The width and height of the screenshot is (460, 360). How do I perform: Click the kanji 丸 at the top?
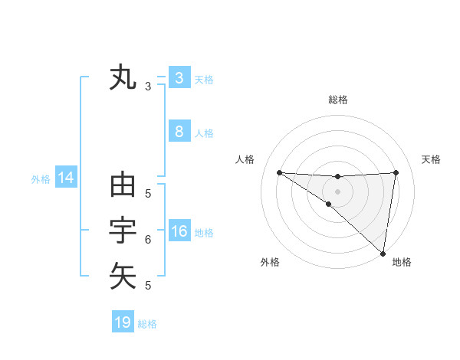[123, 78]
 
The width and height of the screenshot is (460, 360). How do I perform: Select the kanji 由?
[123, 185]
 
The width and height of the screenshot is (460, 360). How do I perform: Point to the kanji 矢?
[123, 276]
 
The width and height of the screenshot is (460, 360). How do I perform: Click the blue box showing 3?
[179, 77]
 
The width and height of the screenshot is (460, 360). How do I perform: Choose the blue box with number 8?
[179, 132]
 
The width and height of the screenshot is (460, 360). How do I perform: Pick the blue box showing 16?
[179, 231]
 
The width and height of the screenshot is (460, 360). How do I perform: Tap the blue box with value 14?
[66, 178]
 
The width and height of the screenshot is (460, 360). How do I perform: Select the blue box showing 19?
[123, 322]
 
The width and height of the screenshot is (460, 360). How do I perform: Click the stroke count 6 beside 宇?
[148, 240]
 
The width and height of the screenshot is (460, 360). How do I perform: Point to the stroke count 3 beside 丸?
[148, 87]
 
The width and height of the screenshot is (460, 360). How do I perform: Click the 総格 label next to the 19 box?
[148, 324]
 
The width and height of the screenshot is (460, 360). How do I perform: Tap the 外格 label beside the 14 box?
[41, 179]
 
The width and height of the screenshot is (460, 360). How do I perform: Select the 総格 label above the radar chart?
[337, 100]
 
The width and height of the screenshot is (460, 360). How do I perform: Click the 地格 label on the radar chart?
[402, 262]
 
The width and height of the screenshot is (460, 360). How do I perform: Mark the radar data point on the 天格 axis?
[396, 172]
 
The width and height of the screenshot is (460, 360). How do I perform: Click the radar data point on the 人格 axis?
[279, 172]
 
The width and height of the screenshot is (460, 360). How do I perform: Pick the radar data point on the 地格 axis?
[383, 253]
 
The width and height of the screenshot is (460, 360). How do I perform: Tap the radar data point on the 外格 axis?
[329, 204]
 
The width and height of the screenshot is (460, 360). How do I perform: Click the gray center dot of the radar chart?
[337, 191]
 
